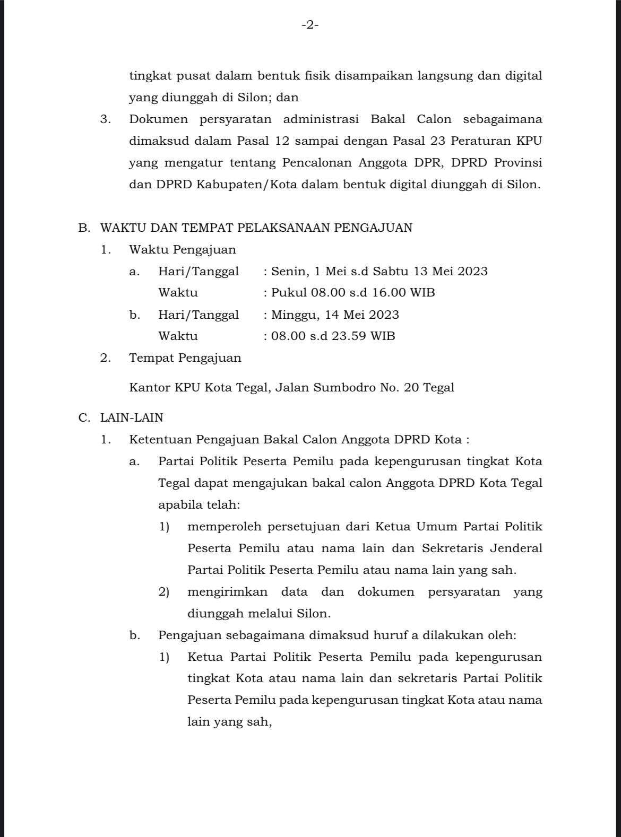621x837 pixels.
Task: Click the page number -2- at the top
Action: click(x=310, y=24)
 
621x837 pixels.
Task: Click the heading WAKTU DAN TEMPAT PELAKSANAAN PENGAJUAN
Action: click(x=256, y=228)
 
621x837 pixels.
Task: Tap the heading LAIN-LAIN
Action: click(x=132, y=417)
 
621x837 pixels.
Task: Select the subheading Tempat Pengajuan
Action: click(x=185, y=358)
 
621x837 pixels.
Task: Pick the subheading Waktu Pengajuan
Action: click(x=183, y=249)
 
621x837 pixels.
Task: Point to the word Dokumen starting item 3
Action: click(x=158, y=119)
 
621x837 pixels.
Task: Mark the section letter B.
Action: click(x=83, y=228)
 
